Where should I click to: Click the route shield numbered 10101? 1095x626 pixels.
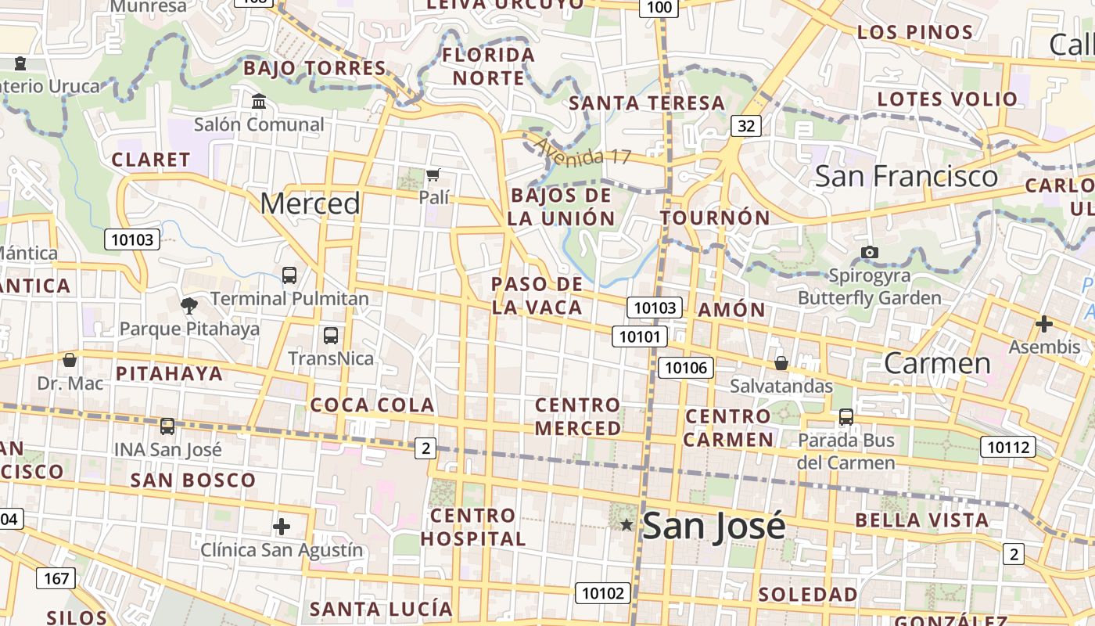640,337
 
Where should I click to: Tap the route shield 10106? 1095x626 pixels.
686,368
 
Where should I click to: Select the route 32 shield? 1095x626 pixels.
747,125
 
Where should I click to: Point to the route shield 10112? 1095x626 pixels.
1007,448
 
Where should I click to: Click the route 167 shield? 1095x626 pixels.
56,579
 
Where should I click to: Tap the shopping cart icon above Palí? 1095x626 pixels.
433,174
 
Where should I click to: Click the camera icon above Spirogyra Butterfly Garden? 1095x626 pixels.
869,252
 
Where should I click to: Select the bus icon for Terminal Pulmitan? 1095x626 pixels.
289,275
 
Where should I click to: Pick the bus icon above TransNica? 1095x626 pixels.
331,336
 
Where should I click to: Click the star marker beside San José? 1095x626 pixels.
626,525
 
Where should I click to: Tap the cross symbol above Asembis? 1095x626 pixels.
1043,324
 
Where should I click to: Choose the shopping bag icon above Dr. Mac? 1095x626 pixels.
70,360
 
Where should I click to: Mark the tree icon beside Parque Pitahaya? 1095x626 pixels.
188,306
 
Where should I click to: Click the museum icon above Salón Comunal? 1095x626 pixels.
259,101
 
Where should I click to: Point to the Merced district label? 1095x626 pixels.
310,203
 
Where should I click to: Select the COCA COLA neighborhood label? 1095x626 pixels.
372,405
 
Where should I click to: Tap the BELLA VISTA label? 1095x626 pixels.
921,520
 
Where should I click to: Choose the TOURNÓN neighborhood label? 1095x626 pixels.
715,218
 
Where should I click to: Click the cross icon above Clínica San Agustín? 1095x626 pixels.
282,527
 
